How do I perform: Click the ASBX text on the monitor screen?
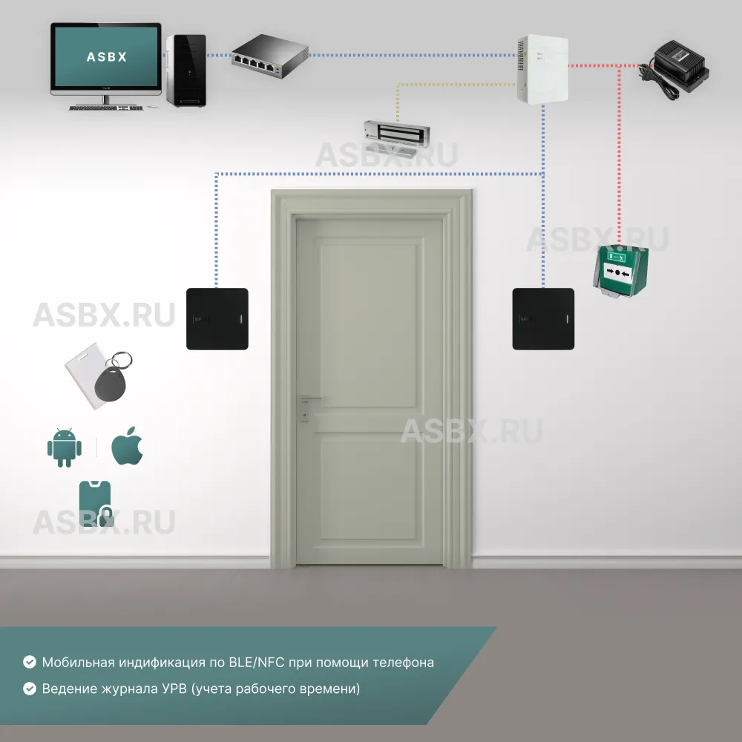[x=106, y=56]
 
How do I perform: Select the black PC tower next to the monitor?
[x=185, y=70]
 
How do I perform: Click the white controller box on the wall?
[x=542, y=68]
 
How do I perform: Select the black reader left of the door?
[x=217, y=318]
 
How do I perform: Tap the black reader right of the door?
[x=543, y=319]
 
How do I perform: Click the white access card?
[x=85, y=377]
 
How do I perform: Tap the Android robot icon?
[x=64, y=448]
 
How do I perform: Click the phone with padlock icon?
[x=96, y=504]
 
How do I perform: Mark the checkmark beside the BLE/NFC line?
[x=30, y=662]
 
